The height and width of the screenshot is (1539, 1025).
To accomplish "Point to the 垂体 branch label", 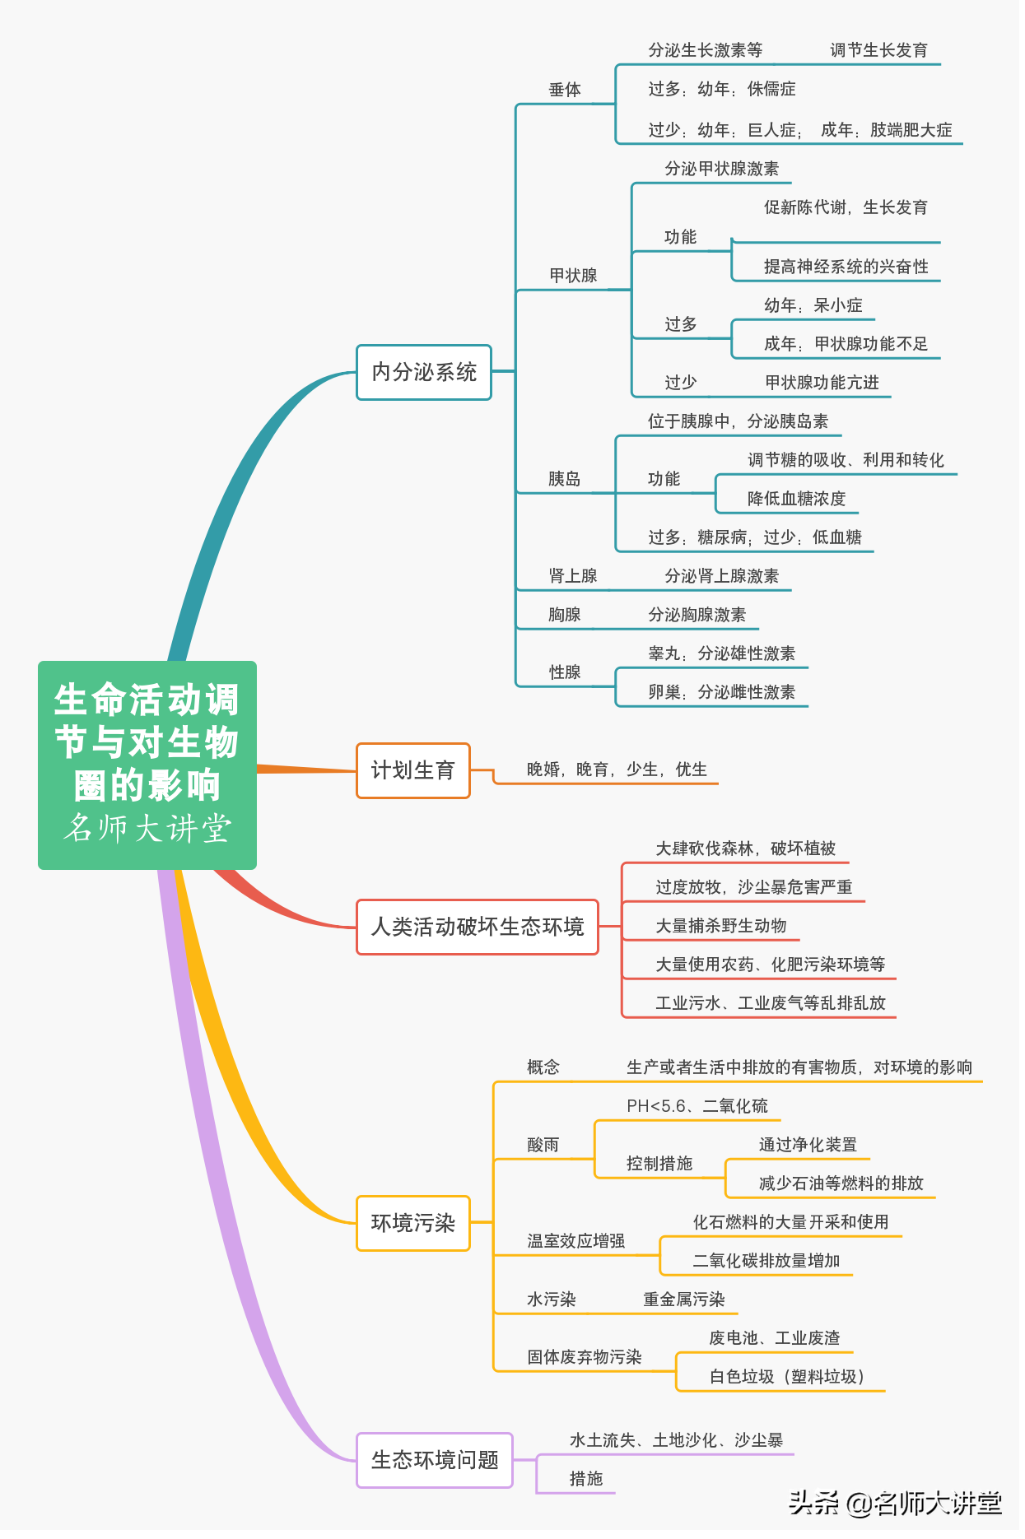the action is pyautogui.click(x=566, y=91).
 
